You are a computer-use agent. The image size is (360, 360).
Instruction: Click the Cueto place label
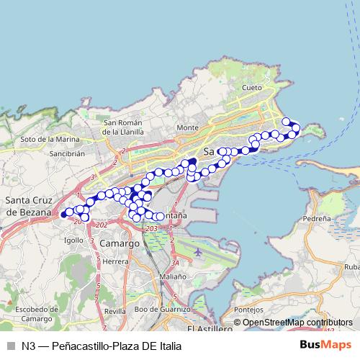coord(252,87)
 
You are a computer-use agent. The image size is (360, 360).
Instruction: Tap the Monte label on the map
coord(187,127)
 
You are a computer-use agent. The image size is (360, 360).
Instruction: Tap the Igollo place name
coord(73,241)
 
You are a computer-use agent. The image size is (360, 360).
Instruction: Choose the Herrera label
coord(115,262)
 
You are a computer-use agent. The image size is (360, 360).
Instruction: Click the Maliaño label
coord(173,276)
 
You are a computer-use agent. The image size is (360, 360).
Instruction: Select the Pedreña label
coord(318,217)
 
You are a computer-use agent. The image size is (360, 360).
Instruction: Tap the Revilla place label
coord(115,310)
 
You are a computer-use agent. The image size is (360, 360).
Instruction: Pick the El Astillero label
coord(209,328)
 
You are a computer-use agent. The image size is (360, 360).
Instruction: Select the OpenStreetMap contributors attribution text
coord(298,323)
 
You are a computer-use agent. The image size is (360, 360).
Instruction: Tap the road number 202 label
coord(101,225)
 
